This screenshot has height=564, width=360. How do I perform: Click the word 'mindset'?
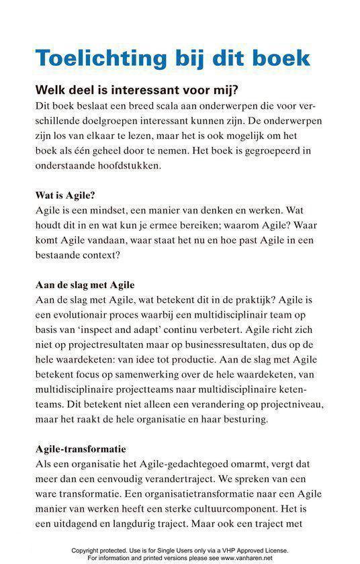pos(117,210)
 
